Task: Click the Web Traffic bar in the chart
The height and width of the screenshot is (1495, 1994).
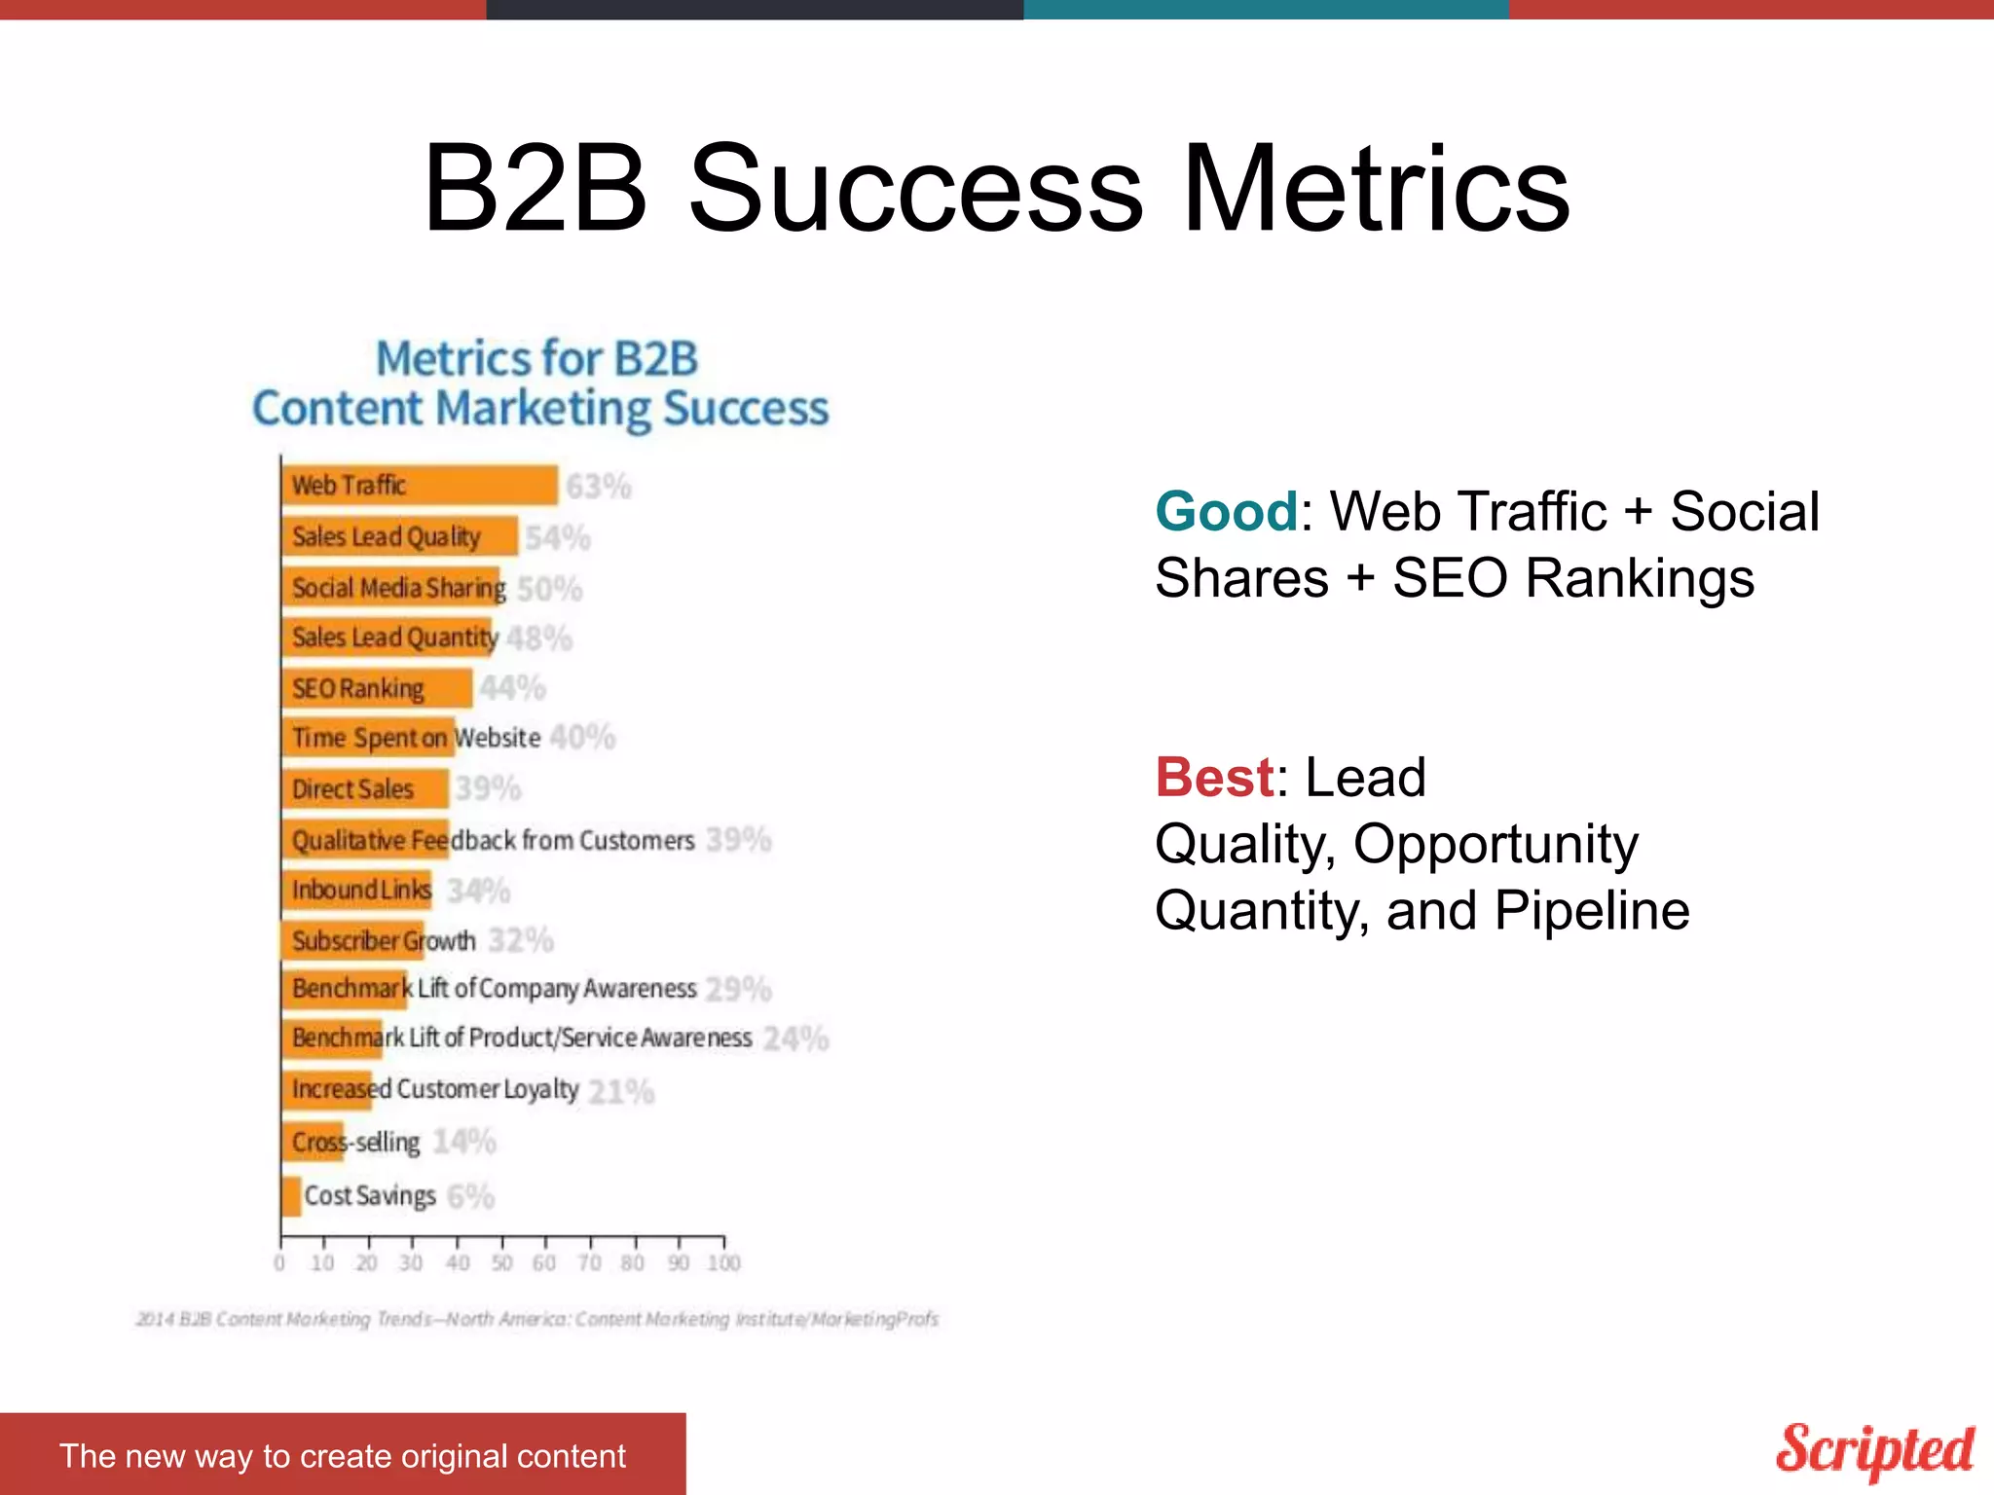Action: (x=420, y=485)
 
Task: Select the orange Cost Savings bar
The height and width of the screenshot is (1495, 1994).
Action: (x=291, y=1196)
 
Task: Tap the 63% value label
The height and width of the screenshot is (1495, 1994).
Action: (x=599, y=487)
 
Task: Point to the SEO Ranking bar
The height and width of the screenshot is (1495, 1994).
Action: (x=377, y=688)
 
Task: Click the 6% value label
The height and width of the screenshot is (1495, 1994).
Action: (x=471, y=1196)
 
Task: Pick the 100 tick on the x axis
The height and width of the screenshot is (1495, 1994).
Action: (x=723, y=1262)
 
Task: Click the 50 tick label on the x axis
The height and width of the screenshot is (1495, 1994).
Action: (x=501, y=1262)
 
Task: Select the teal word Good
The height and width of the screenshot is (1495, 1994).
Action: (x=1226, y=512)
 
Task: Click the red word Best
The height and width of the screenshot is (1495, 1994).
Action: (x=1214, y=778)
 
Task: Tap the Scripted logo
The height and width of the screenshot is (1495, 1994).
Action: (x=1874, y=1450)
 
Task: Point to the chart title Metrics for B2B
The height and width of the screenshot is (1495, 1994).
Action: (x=537, y=359)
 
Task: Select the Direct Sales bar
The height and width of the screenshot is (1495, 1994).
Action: (x=365, y=788)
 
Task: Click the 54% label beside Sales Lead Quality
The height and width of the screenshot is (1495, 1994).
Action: (x=558, y=537)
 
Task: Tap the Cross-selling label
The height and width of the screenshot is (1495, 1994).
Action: (x=356, y=1142)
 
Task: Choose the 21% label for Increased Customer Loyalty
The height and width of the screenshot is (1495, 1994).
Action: (x=621, y=1091)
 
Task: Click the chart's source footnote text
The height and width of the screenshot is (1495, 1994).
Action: (x=536, y=1319)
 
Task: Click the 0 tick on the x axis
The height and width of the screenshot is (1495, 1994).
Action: (x=280, y=1262)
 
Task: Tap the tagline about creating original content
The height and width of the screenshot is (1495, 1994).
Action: (x=342, y=1455)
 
